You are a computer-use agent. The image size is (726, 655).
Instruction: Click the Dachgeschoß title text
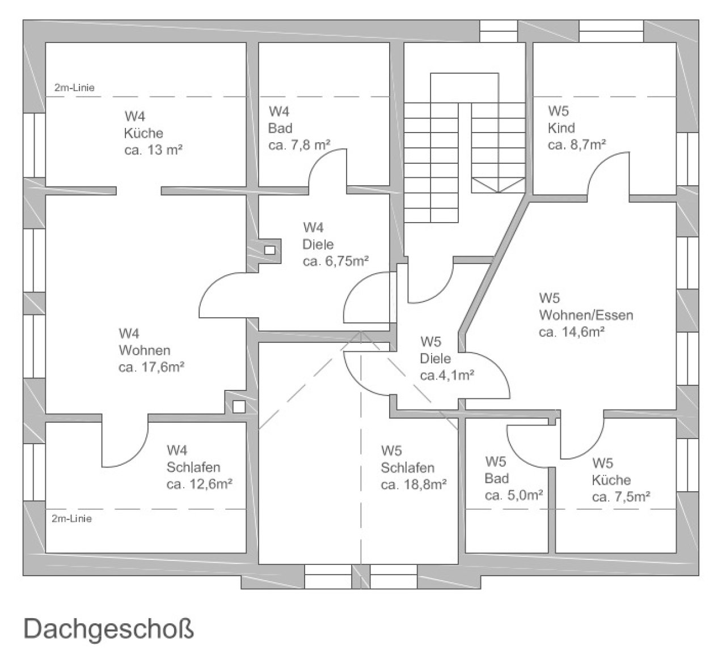108,630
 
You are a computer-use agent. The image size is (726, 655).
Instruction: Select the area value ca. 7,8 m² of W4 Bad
299,146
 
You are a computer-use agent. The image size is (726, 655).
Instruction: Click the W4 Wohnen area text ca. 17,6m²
151,367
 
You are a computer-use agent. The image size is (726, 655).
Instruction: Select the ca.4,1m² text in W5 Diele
447,375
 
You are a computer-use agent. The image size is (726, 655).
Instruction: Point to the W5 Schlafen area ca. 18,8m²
414,485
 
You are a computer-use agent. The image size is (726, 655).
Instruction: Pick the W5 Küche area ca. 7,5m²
621,497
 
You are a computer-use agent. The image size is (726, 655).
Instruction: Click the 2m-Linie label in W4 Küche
74,88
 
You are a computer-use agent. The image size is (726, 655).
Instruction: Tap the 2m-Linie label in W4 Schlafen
71,518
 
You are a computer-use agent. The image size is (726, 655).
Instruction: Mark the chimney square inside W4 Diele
270,250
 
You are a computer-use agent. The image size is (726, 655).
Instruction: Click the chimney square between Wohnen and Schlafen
239,406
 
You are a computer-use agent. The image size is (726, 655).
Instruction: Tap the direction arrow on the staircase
499,185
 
